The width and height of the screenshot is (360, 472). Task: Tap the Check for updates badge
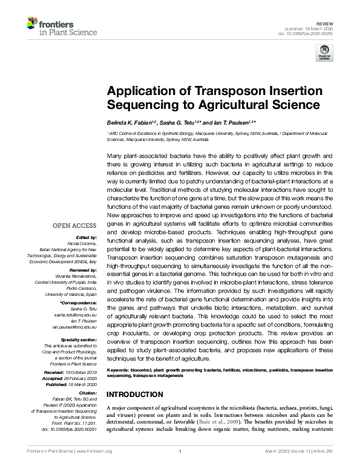(x=326, y=52)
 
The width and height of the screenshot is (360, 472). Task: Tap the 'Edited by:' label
(x=87, y=237)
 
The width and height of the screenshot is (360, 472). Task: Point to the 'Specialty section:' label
(x=80, y=340)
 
